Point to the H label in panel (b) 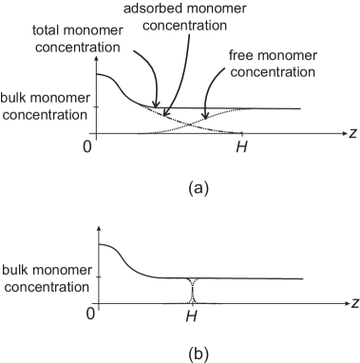[192, 314]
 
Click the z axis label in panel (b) [352, 304]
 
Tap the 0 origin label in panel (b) [91, 313]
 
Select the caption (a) [199, 187]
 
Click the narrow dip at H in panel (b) [192, 290]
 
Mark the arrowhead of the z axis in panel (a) [341, 136]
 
